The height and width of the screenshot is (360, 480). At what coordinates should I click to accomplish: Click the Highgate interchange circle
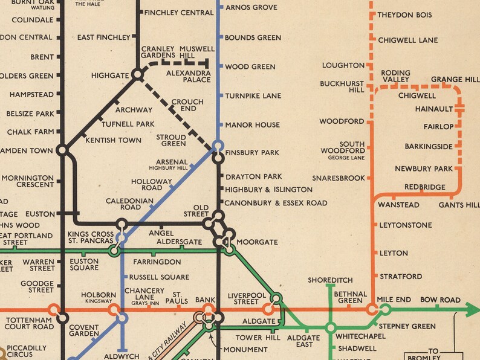(x=138, y=75)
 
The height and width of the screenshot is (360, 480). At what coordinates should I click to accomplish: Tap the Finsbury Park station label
(x=252, y=153)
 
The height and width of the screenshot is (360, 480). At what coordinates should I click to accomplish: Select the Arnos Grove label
(x=251, y=7)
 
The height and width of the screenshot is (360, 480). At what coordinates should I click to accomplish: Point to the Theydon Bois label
(x=405, y=15)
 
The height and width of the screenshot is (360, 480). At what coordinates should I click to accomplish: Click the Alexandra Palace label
(x=189, y=76)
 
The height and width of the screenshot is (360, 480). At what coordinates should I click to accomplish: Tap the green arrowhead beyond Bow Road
(x=472, y=310)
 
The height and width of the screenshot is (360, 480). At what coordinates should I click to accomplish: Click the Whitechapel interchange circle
(x=330, y=328)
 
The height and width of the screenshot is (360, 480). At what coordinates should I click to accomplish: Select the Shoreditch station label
(x=330, y=280)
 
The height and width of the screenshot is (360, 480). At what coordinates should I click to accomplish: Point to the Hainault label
(x=434, y=109)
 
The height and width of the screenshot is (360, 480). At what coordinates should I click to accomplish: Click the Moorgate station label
(x=257, y=242)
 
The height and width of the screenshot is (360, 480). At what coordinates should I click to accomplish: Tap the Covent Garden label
(x=84, y=330)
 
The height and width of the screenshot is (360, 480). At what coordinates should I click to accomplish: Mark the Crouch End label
(x=183, y=105)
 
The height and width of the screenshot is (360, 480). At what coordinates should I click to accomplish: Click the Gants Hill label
(x=459, y=205)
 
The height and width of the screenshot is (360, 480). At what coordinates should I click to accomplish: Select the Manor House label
(x=252, y=125)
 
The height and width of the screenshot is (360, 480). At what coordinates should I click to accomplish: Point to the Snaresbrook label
(x=339, y=178)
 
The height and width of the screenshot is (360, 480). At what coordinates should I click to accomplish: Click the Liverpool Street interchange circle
(x=276, y=298)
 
